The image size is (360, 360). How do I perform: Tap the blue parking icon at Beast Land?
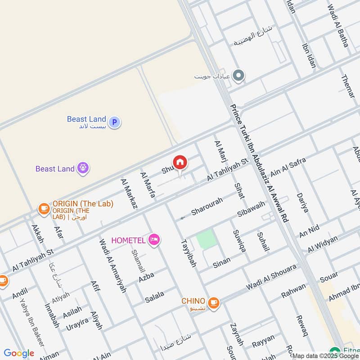pyautogui.click(x=115, y=121)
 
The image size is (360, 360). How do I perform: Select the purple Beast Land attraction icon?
pyautogui.click(x=82, y=168)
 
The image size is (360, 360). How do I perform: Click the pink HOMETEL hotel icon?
pyautogui.click(x=154, y=239)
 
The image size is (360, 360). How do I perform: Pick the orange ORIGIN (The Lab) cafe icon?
pyautogui.click(x=44, y=208)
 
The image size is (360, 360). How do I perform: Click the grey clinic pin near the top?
pyautogui.click(x=238, y=76)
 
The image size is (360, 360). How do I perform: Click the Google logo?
pyautogui.click(x=18, y=353)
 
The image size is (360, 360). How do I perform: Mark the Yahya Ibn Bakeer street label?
pyautogui.click(x=31, y=322)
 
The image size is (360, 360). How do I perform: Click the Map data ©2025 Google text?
pyautogui.click(x=325, y=356)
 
